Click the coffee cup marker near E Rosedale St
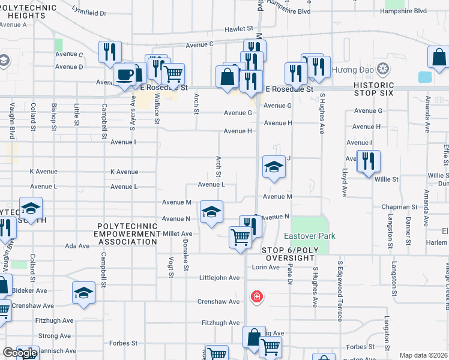pos(125,75)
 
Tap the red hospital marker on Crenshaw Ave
pos(257,296)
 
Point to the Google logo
pos(20,353)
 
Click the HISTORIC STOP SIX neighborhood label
pos(378,89)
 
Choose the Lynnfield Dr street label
pos(88,12)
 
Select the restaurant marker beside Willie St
pos(368,161)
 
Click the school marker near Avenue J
pos(273,167)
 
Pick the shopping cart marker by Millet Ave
pos(240,237)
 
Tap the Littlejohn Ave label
pos(220,278)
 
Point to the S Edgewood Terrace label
pos(340,290)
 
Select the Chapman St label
pos(399,207)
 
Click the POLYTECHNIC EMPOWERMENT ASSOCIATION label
pos(127,234)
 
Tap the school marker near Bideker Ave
pos(83,293)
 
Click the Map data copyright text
pos(423,355)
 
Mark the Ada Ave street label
pos(77,246)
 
